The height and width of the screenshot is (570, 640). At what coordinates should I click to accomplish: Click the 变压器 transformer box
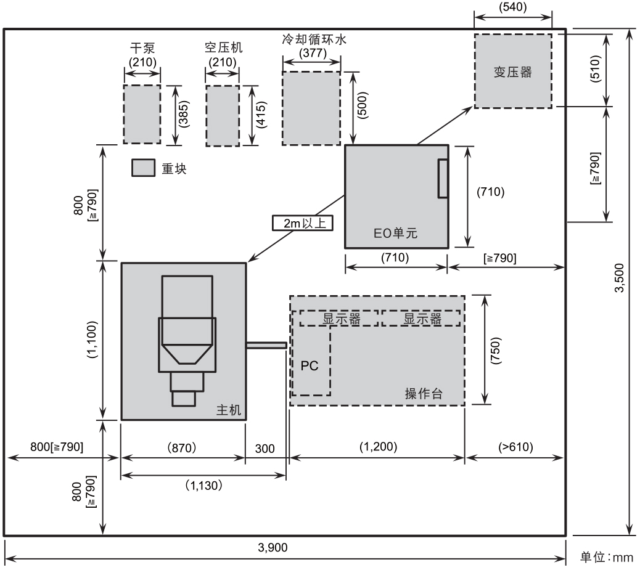tap(512, 71)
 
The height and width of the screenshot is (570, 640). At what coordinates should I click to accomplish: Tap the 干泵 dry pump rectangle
tap(142, 114)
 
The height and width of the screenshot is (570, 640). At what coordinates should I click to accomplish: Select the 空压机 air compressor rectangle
tap(222, 116)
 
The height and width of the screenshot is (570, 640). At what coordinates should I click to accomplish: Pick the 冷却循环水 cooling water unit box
tap(311, 108)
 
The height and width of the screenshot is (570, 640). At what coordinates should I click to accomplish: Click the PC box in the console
tap(310, 365)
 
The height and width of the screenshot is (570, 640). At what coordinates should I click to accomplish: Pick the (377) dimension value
tap(312, 52)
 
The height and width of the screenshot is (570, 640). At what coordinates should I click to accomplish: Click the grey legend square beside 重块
tap(142, 168)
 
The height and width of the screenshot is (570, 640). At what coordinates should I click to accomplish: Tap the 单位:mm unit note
tap(607, 557)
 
